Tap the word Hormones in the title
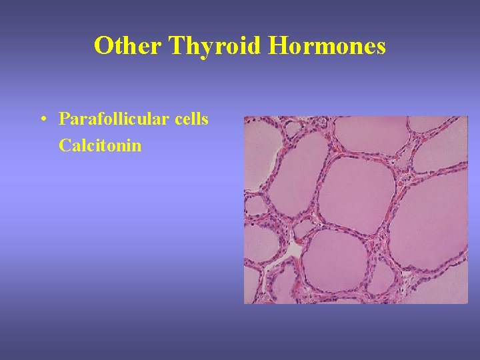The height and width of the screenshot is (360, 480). pyautogui.click(x=327, y=46)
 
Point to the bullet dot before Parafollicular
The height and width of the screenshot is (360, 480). pyautogui.click(x=42, y=120)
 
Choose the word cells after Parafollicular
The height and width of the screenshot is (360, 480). pyautogui.click(x=192, y=119)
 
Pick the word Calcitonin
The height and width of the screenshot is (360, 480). pyautogui.click(x=100, y=145)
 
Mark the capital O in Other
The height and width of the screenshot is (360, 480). pyautogui.click(x=103, y=46)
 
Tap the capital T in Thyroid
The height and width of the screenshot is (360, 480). pyautogui.click(x=177, y=46)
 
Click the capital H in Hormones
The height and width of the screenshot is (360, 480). pyautogui.click(x=279, y=46)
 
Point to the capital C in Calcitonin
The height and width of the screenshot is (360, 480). pyautogui.click(x=64, y=145)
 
